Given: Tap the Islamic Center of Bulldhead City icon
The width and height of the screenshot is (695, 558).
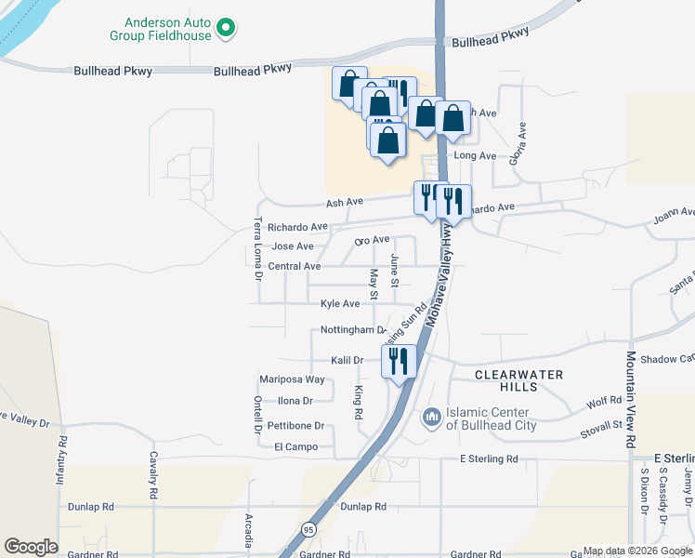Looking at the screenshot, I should pos(431,418).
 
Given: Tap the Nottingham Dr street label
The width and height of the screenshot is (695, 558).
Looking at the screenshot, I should pos(352,330).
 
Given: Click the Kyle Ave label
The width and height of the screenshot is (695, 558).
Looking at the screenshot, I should pos(339,304).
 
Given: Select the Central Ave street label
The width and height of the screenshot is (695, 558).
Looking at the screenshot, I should pos(294,267).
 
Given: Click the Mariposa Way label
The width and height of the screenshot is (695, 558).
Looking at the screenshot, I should pos(292,379).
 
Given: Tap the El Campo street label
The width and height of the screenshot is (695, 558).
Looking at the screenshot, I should pos(295,447).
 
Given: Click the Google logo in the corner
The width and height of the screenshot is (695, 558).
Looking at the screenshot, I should pos(31,547).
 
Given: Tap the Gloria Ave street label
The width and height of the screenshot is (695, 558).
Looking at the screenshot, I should pos(522,144).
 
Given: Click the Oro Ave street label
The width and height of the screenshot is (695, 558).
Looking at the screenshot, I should pos(372,240).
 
